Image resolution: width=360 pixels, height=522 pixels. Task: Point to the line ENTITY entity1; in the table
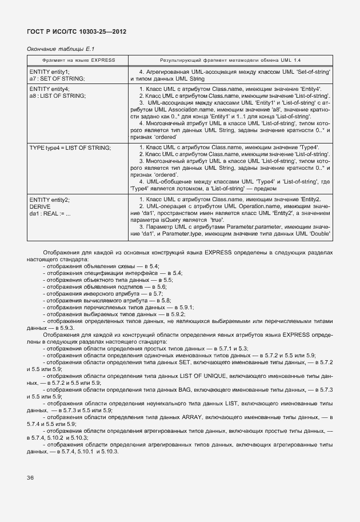tap(49, 72)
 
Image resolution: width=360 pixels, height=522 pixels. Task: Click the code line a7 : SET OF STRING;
tap(57, 78)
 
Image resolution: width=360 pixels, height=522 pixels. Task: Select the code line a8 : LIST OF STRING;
tap(58, 95)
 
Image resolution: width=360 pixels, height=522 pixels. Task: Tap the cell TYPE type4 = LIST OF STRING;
tap(70, 148)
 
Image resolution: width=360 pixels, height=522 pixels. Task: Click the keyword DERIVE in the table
tap(41, 206)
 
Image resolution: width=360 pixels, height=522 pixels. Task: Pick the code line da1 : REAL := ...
tap(50, 213)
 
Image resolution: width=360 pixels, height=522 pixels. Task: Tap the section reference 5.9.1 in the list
tap(186, 307)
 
